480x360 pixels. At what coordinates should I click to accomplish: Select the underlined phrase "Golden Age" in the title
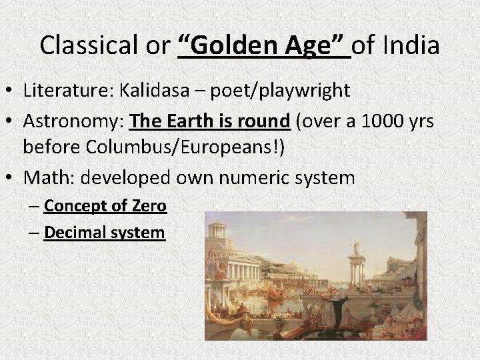(265, 45)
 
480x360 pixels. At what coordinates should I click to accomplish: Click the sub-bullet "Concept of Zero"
(105, 207)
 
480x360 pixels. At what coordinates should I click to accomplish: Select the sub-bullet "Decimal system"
(104, 233)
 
